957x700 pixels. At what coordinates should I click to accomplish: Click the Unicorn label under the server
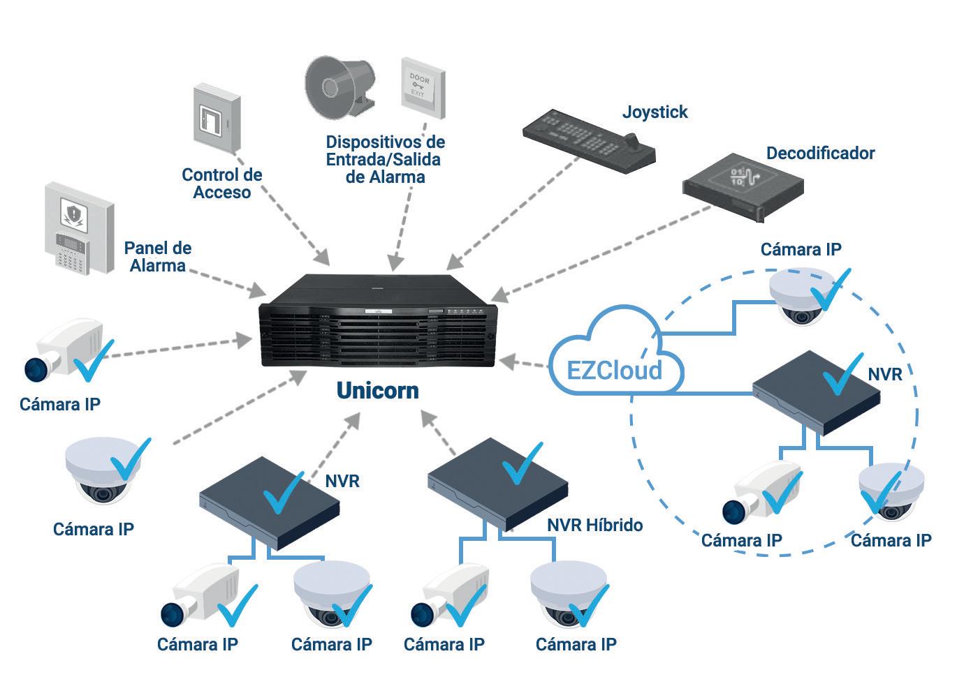click(x=377, y=390)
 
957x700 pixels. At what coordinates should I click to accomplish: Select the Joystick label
click(x=655, y=112)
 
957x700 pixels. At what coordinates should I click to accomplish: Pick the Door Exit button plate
click(x=422, y=84)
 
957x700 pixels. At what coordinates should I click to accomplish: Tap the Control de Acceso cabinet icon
click(x=216, y=117)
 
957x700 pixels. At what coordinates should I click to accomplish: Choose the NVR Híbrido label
click(x=595, y=525)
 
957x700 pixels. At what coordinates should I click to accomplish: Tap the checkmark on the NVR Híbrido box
click(x=523, y=463)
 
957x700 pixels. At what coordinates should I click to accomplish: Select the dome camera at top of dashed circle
click(x=800, y=299)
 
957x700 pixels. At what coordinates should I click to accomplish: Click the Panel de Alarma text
click(x=158, y=257)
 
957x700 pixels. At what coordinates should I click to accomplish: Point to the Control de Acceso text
click(x=221, y=184)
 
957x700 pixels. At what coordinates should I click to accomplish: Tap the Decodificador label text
click(x=820, y=153)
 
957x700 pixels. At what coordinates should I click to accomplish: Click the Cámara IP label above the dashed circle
click(x=801, y=249)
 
